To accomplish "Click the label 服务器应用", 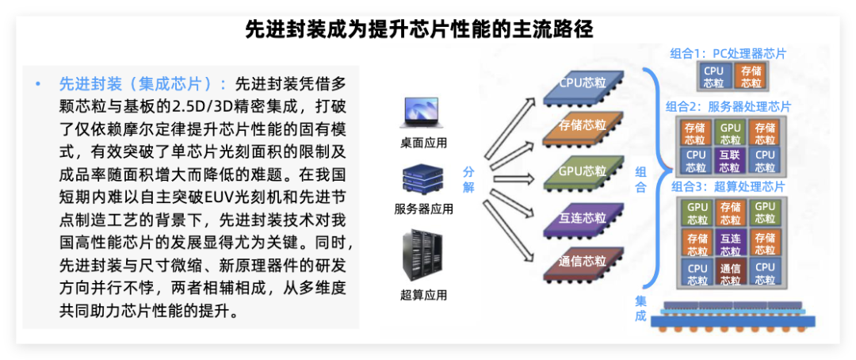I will tap(423, 209).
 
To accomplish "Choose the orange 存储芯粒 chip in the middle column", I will tap(583, 128).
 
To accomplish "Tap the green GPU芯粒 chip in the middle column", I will tap(583, 173).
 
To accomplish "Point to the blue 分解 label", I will tap(468, 179).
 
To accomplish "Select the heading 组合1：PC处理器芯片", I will tap(728, 54).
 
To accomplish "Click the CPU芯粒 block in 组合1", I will tap(713, 77).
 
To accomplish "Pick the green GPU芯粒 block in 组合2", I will tap(730, 133).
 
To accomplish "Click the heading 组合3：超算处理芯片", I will tap(728, 187).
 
